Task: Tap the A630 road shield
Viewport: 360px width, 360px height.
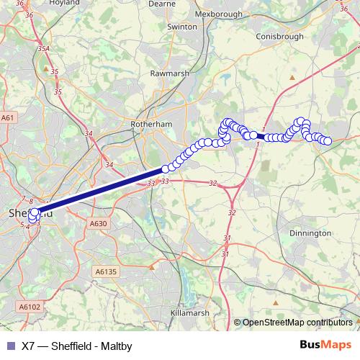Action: pyautogui.click(x=99, y=224)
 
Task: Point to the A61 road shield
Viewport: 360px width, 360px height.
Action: pyautogui.click(x=8, y=117)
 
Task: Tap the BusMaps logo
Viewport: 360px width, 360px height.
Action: pyautogui.click(x=325, y=345)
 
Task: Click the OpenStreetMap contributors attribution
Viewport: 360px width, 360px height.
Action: pyautogui.click(x=297, y=323)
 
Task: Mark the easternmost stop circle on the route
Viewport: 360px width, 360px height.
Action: pyautogui.click(x=328, y=141)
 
